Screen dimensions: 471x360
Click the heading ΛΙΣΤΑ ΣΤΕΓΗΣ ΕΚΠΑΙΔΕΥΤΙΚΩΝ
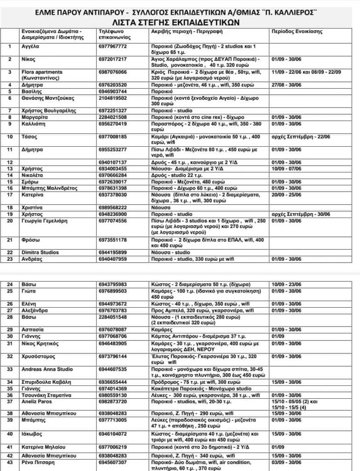[180, 21]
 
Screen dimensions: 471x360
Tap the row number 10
[10, 137]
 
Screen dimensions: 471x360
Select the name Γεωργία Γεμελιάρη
[45, 221]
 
